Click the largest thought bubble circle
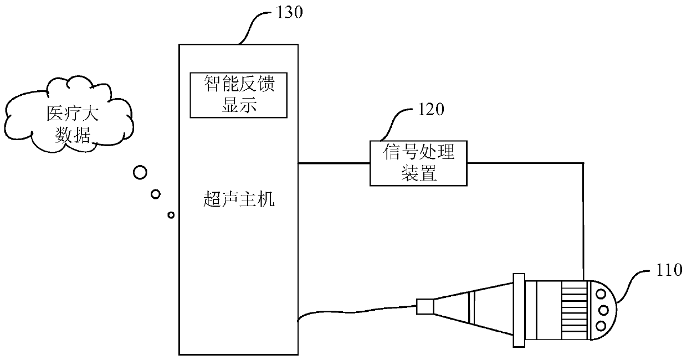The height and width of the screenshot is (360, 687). point(140,172)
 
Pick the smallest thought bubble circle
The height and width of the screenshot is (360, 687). point(171,214)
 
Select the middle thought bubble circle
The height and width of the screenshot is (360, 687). point(156,193)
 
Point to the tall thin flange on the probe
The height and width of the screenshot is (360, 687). point(519,310)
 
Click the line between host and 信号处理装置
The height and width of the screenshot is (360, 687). point(334,163)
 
